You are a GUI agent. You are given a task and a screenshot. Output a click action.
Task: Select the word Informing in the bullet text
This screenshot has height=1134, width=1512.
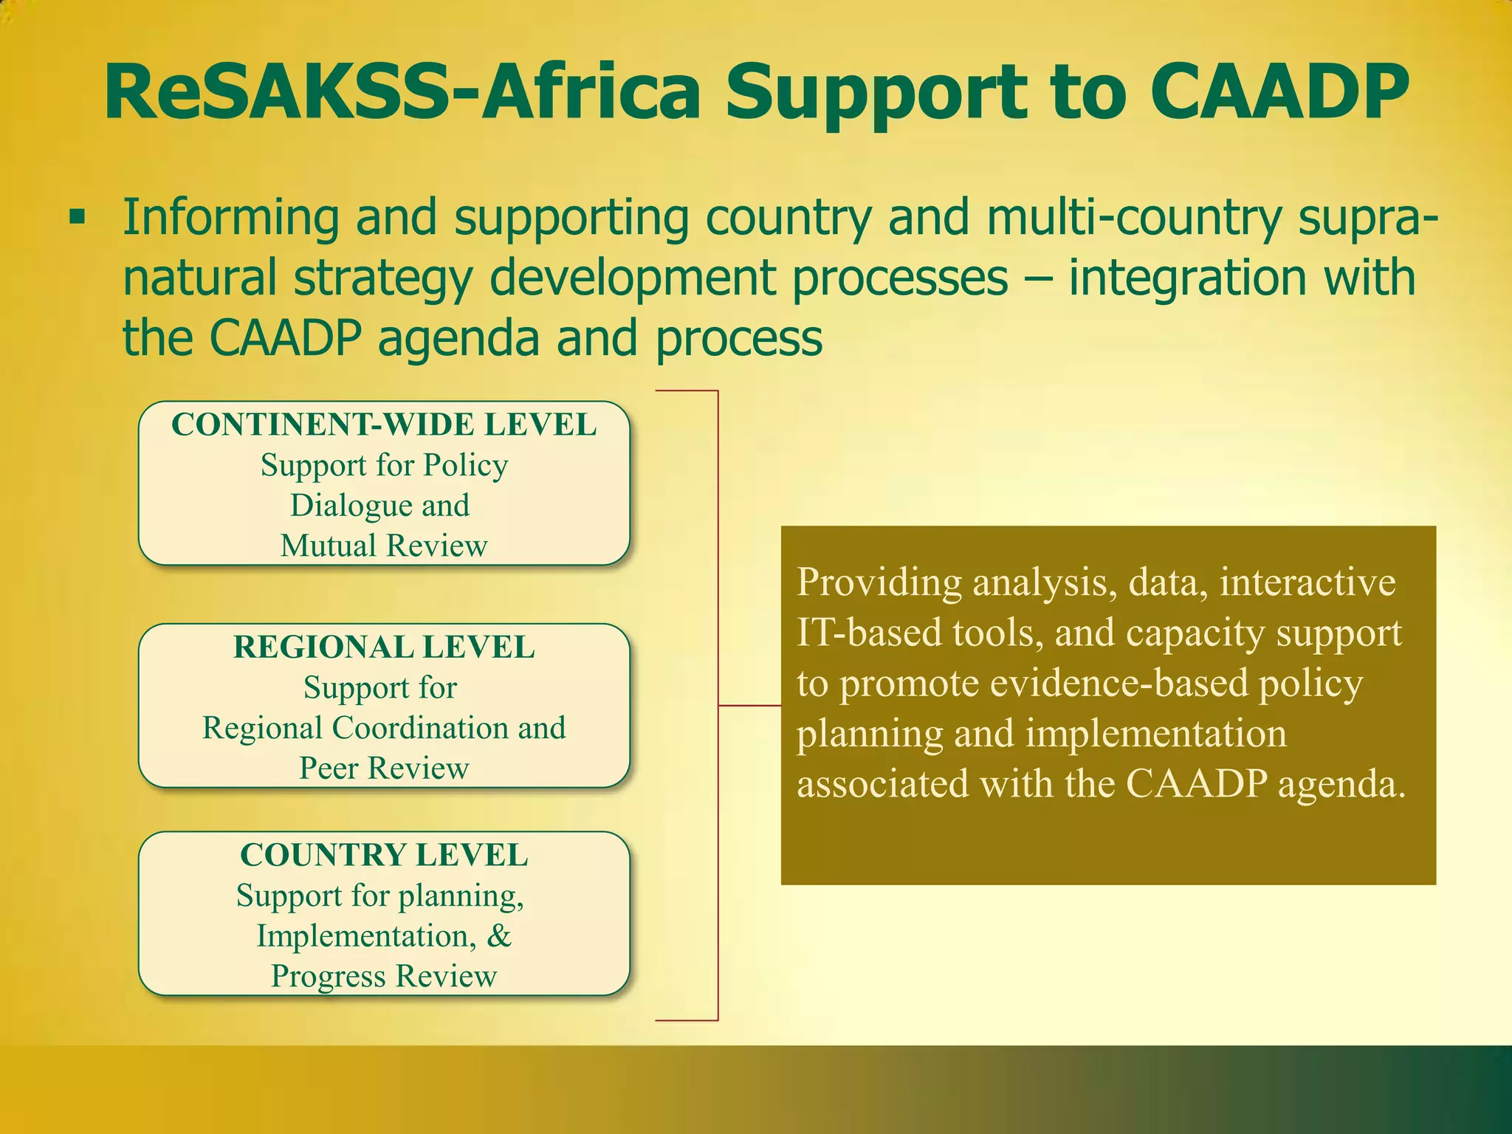pos(231,218)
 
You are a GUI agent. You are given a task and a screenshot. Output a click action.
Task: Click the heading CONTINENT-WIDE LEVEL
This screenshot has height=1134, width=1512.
pos(384,425)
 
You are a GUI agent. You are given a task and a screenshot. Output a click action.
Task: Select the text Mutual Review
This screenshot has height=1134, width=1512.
pos(384,546)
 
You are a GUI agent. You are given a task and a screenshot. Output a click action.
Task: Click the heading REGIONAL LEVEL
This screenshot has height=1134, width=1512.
pos(384,647)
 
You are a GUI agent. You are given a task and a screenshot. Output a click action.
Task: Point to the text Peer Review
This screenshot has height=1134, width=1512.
pos(384,769)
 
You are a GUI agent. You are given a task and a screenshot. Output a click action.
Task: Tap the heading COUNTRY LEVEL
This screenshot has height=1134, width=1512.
pos(384,856)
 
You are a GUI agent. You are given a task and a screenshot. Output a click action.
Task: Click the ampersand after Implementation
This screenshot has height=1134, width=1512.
pos(499,936)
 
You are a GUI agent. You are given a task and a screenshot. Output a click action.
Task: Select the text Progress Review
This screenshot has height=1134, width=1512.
pos(384,977)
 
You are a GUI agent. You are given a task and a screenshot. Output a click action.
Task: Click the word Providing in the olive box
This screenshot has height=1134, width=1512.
pos(879,583)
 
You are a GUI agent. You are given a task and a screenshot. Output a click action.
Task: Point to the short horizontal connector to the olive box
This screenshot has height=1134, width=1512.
pos(749,706)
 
